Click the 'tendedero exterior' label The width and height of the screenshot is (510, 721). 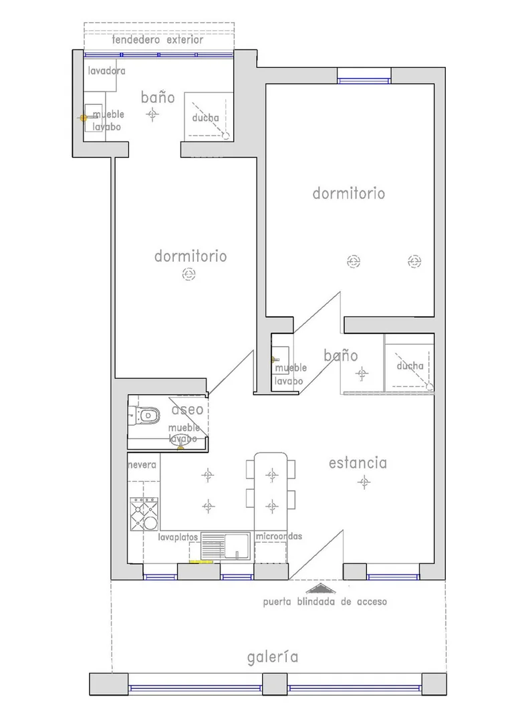click(158, 40)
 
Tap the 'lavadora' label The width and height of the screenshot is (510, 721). click(107, 71)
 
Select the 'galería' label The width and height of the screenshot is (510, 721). click(273, 657)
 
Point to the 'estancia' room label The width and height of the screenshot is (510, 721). click(358, 462)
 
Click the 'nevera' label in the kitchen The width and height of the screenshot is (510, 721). click(142, 465)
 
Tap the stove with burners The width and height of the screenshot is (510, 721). click(144, 514)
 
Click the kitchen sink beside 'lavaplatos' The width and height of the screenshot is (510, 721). click(226, 546)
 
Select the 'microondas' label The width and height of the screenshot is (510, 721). click(279, 536)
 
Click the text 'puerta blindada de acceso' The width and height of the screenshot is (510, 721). click(325, 601)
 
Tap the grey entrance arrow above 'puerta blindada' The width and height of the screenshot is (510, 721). click(321, 589)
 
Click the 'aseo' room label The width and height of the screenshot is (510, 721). click(187, 409)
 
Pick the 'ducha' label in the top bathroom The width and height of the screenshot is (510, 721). click(205, 118)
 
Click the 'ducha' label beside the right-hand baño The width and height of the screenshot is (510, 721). click(410, 366)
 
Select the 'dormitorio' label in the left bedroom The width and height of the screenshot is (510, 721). click(190, 256)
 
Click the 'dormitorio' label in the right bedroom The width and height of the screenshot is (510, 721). click(349, 193)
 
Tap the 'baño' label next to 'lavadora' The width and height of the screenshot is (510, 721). click(158, 98)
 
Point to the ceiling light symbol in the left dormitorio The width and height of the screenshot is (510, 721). click(189, 274)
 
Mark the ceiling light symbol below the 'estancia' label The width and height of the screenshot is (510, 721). click(364, 482)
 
